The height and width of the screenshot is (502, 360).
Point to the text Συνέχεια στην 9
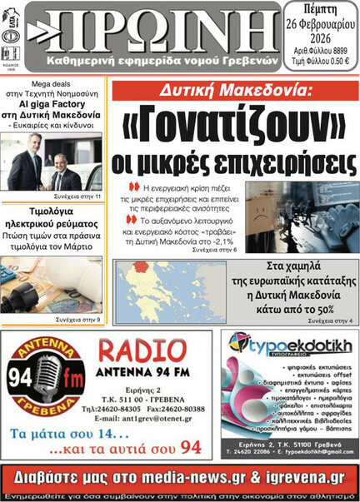point(78,319)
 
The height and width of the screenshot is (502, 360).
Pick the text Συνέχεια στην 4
point(330,320)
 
